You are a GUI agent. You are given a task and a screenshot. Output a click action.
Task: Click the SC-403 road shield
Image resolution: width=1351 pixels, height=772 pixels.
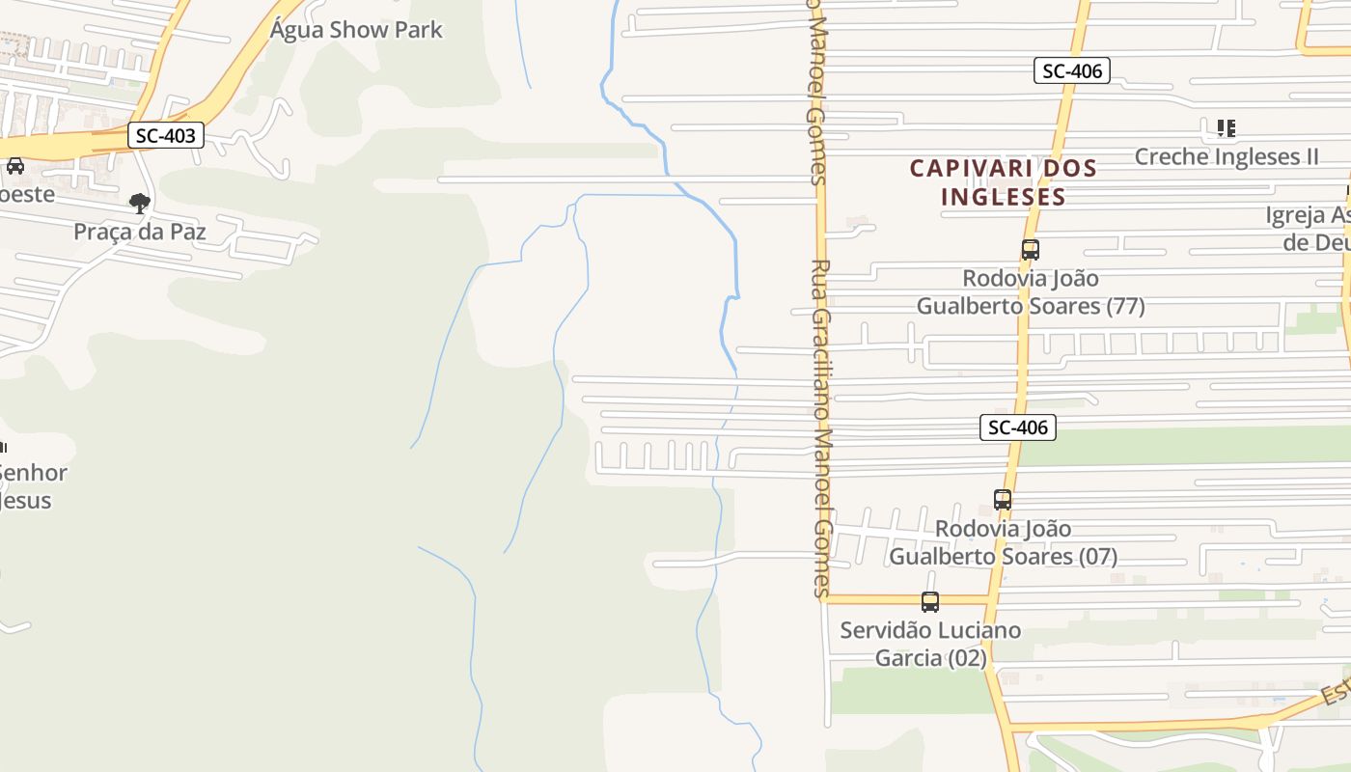pos(166,136)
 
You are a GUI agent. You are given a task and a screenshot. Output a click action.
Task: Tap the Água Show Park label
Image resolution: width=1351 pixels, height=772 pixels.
pos(356,30)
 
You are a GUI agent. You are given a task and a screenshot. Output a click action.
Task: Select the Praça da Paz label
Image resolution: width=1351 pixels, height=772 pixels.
pos(140,232)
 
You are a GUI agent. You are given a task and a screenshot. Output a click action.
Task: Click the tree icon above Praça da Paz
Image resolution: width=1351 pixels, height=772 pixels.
pos(140,203)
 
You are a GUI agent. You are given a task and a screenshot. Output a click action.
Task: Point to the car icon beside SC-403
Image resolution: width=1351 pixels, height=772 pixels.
pos(15,165)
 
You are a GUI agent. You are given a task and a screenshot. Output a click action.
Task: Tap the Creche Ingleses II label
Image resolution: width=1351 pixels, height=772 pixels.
pos(1227,156)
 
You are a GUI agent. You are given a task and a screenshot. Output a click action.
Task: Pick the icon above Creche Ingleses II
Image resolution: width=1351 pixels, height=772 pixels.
pos(1227,127)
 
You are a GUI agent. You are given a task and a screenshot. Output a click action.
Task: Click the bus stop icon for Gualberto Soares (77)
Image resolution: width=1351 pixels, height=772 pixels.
pos(1030,250)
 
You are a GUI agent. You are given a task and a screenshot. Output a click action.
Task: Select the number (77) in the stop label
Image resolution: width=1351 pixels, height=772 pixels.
pos(1125,307)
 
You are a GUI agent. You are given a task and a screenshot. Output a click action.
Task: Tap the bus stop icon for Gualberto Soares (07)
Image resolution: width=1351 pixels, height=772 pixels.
pos(1003,500)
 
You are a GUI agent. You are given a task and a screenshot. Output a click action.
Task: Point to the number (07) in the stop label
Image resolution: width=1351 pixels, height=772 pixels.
pos(1097,557)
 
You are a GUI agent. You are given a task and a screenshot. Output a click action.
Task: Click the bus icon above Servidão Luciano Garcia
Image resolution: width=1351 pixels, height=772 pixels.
pos(929,602)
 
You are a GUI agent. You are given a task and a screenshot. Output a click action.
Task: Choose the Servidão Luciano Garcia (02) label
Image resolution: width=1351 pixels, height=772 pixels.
pos(930,644)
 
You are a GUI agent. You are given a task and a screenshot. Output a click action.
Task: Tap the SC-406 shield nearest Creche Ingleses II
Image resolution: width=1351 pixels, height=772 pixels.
pos(1071,70)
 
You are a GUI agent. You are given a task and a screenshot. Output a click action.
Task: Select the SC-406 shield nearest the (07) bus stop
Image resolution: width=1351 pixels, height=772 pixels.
pos(1018,427)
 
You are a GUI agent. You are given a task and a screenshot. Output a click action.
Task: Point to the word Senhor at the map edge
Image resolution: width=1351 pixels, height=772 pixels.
pos(33,473)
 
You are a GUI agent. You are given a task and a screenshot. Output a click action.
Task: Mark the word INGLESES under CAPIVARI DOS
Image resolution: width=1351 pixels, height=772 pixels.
pos(1003,198)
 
